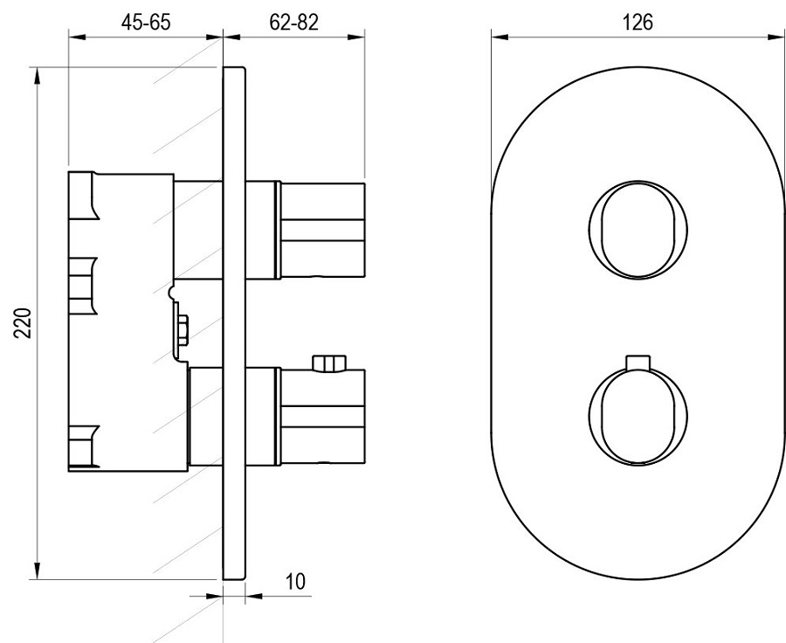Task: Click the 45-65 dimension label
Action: click(x=146, y=22)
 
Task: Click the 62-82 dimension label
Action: click(x=293, y=22)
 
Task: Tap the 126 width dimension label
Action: click(x=638, y=22)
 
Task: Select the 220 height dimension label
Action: click(x=23, y=323)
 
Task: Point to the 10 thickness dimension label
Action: click(x=295, y=581)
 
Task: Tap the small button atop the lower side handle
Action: click(x=329, y=363)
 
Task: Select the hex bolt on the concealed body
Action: click(x=182, y=330)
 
